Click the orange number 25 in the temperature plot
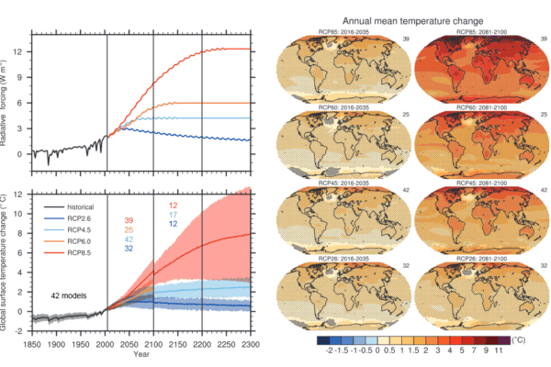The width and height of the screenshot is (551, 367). (x=129, y=229)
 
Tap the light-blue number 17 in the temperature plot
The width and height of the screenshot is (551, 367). (x=173, y=215)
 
